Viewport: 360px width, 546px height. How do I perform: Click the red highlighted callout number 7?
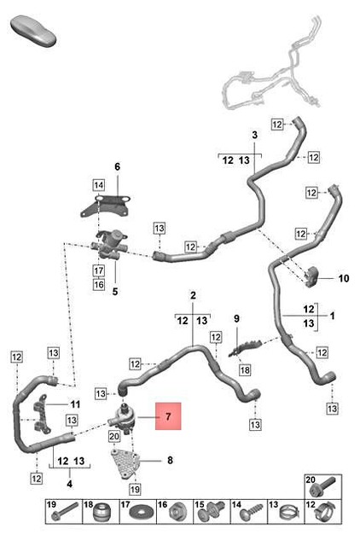point(168,416)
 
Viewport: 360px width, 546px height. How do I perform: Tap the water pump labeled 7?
point(122,417)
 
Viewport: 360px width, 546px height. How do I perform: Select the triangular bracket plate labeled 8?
point(126,463)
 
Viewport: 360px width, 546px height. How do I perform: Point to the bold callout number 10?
point(343,278)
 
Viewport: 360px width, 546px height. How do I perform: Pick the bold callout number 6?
point(118,167)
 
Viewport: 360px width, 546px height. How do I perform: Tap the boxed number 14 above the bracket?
point(98,185)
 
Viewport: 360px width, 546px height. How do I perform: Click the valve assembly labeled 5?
point(108,245)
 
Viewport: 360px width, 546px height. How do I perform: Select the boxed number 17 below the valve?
point(99,270)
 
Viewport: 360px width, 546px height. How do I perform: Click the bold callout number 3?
point(255,135)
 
